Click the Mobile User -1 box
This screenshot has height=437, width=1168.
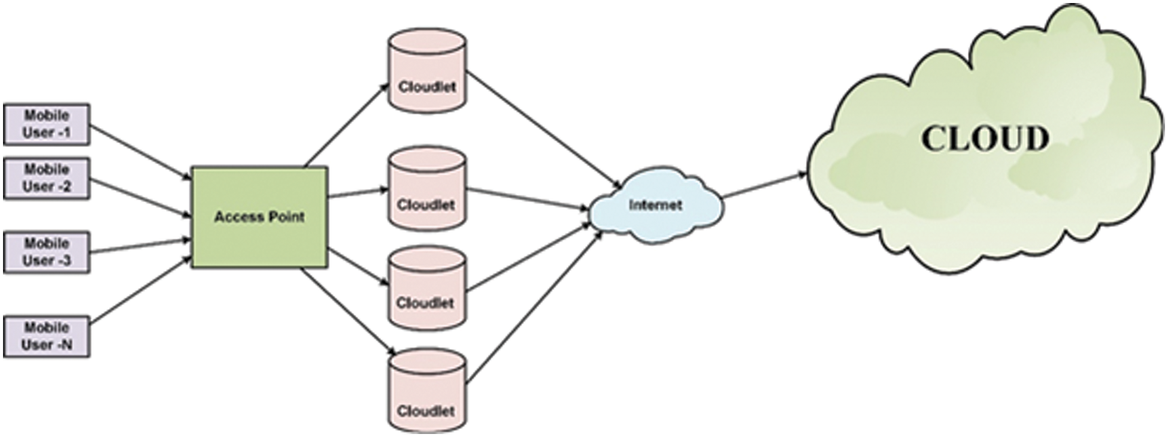47,124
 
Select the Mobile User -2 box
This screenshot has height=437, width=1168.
47,178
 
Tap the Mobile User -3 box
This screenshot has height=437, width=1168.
47,252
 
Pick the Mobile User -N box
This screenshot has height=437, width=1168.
47,336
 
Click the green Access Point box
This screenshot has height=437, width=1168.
259,217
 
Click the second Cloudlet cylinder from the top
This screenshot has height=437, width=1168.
426,189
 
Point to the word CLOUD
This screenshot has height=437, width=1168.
985,138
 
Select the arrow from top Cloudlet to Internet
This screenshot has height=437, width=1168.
542,128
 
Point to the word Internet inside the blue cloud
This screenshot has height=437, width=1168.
655,205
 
